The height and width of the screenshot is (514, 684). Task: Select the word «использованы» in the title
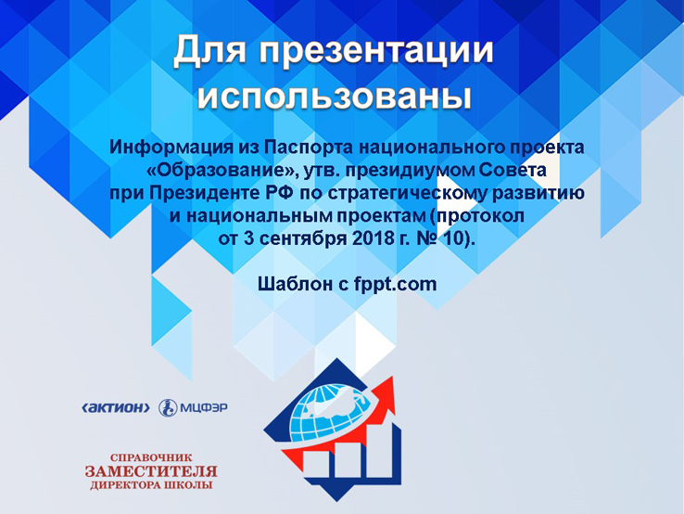click(x=335, y=96)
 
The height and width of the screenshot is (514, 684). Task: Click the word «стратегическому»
click(x=408, y=194)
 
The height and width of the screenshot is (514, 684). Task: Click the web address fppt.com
click(x=395, y=284)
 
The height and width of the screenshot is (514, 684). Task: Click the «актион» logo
click(x=116, y=408)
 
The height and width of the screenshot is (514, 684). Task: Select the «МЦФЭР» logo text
click(x=204, y=408)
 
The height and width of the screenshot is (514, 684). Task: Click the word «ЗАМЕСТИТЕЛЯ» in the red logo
click(x=151, y=471)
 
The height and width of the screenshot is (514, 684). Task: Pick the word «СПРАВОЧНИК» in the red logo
click(x=151, y=457)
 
